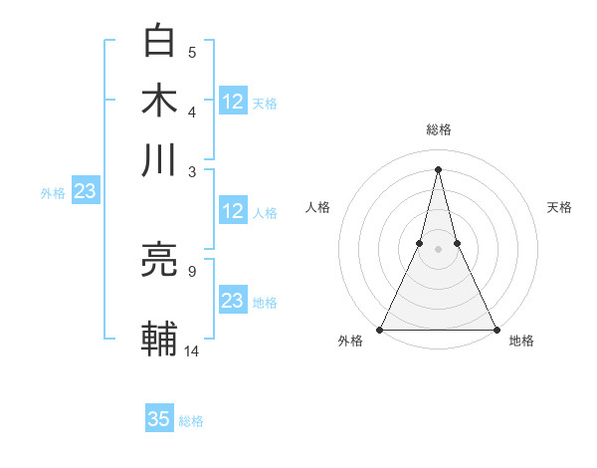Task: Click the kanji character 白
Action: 159,41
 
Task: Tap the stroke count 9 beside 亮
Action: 192,270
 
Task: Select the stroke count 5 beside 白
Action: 192,52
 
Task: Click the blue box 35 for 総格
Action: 159,420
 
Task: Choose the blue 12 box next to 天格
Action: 233,101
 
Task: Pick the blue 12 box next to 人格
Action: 233,211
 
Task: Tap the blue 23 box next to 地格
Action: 233,301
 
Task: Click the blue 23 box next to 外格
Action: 84,192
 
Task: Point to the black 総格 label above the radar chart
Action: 438,129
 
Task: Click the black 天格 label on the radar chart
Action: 560,207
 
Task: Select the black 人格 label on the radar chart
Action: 317,207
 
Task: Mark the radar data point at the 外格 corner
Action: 380,330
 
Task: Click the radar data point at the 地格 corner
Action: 496,330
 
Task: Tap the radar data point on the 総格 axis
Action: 438,168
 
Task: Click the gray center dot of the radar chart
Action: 438,249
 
